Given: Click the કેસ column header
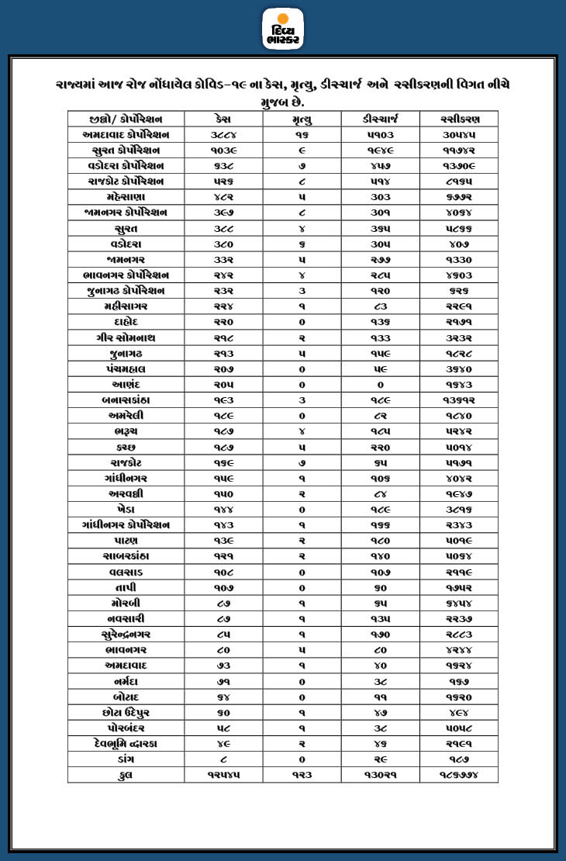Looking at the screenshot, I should (x=223, y=119).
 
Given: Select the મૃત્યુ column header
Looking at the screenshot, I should (x=302, y=119).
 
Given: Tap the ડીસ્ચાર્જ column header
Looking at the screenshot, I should (x=380, y=119).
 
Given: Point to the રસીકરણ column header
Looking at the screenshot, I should (x=458, y=119).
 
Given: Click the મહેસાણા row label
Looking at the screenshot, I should (x=126, y=197).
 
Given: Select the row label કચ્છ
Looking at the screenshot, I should (x=126, y=447).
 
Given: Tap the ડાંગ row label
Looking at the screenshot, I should (x=126, y=759).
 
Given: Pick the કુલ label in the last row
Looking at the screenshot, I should (x=126, y=775).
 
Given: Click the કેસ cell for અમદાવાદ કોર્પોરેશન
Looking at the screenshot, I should (x=223, y=134).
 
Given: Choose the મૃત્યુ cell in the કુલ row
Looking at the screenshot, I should (x=302, y=775).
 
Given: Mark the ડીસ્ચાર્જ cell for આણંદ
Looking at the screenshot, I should (x=380, y=385).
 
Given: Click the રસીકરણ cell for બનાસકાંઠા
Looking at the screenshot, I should (x=458, y=400).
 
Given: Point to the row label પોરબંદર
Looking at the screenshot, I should (x=126, y=728).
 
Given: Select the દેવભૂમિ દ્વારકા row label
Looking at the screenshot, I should (x=126, y=744).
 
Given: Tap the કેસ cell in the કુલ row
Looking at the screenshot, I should (x=223, y=775).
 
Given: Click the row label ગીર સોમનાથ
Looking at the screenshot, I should (x=126, y=337).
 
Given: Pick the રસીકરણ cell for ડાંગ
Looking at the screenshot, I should (x=458, y=759).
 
